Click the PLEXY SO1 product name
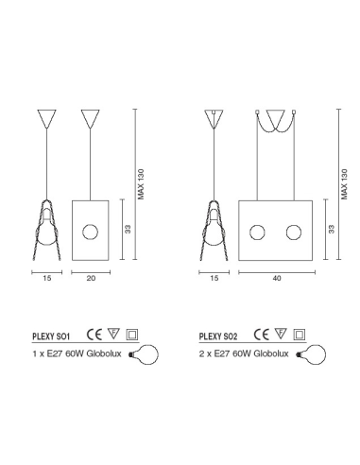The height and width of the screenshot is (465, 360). (x=51, y=336)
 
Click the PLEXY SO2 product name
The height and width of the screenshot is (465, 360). (x=218, y=336)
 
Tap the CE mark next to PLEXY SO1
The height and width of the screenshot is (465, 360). (x=94, y=335)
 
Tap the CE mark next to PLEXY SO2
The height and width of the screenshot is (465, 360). (x=262, y=335)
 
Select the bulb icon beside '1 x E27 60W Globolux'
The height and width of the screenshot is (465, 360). (x=144, y=354)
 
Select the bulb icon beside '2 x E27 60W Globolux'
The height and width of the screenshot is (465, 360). (x=311, y=354)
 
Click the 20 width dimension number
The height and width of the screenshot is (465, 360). (x=91, y=278)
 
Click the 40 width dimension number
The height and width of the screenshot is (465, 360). (x=277, y=278)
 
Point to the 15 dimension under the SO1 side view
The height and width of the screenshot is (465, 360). (x=47, y=278)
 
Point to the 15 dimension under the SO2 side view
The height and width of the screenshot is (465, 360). (x=214, y=278)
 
